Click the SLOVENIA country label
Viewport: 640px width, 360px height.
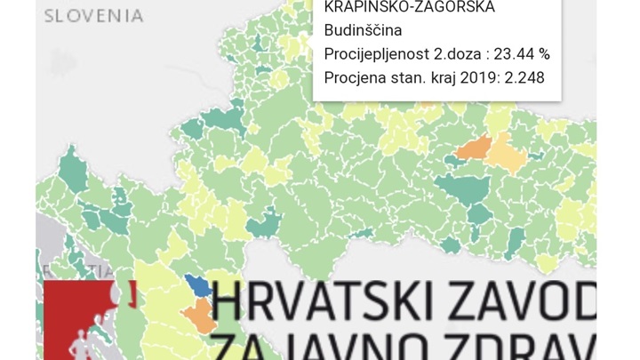point(93,15)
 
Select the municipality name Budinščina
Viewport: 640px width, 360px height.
point(363,31)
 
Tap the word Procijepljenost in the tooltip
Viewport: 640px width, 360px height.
point(372,54)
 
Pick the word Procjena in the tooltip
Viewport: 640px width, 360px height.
point(353,77)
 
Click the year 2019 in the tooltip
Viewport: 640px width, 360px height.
point(477,77)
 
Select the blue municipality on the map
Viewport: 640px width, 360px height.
point(199,286)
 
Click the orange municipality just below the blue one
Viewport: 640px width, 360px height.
point(199,313)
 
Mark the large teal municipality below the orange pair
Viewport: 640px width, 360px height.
point(467,189)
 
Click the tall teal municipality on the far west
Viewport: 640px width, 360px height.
point(74,169)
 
